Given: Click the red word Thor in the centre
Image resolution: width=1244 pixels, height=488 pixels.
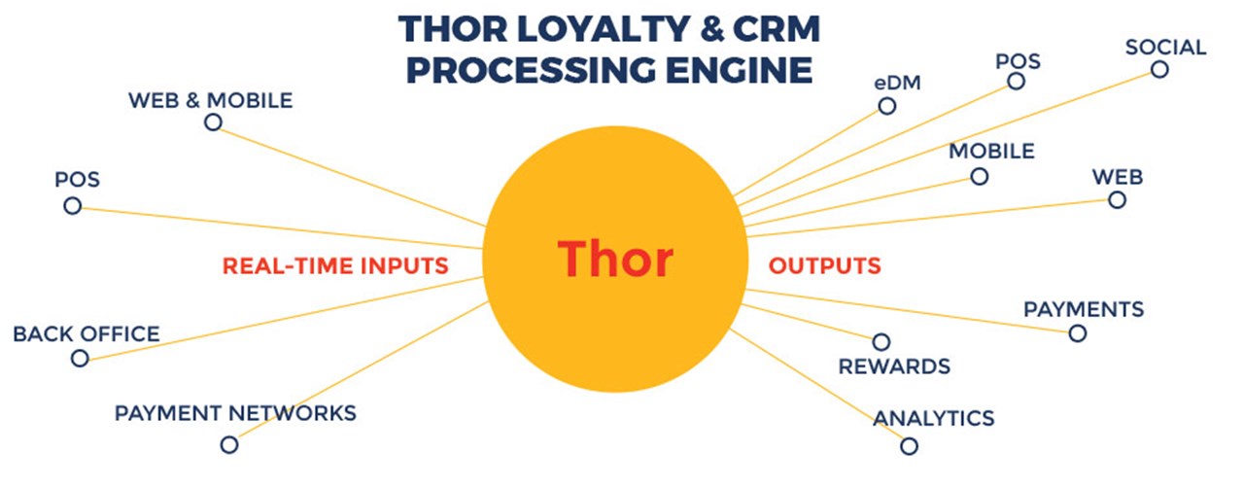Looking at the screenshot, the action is tap(615, 259).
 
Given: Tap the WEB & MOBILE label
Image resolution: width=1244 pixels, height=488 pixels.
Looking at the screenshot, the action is tap(211, 100).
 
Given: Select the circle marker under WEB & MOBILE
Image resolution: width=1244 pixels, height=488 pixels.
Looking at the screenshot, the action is tap(213, 122).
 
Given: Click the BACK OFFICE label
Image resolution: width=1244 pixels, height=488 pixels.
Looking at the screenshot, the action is tap(86, 334).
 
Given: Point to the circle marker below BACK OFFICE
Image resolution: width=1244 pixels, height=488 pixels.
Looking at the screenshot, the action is tap(80, 359).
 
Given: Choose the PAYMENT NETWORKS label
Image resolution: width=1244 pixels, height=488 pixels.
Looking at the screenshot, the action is tap(235, 413).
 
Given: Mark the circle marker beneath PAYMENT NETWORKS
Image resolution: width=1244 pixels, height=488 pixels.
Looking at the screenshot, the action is tap(229, 444).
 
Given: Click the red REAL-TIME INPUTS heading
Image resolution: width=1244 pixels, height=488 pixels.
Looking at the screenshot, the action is tap(335, 265).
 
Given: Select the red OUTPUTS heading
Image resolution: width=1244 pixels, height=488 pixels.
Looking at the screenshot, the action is tap(825, 265).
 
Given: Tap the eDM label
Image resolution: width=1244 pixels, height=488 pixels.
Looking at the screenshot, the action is tap(897, 84).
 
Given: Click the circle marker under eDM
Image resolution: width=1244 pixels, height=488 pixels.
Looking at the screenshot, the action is tap(887, 106).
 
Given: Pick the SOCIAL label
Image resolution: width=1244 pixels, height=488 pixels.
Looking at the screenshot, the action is tap(1165, 48).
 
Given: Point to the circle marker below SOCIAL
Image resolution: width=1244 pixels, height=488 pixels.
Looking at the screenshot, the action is tap(1159, 69).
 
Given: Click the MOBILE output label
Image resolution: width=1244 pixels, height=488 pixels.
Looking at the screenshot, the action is tap(992, 152).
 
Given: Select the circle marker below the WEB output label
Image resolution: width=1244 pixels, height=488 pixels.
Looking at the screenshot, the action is tap(1118, 200).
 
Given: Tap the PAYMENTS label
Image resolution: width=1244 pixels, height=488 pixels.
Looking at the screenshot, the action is tap(1084, 309).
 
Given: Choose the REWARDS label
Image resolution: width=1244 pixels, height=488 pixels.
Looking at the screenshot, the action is tap(894, 366).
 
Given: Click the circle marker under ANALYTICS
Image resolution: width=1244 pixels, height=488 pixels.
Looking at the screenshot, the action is tap(909, 446).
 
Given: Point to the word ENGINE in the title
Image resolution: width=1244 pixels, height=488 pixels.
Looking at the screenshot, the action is tap(740, 71).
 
